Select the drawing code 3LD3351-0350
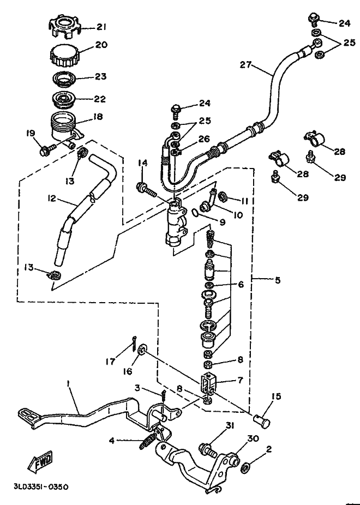pyautogui.click(x=41, y=486)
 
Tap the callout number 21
pyautogui.click(x=101, y=27)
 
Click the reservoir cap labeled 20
pyautogui.click(x=65, y=57)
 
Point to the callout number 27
pyautogui.click(x=245, y=65)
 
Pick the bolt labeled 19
pyautogui.click(x=46, y=150)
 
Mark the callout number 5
pyautogui.click(x=278, y=280)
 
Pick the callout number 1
pyautogui.click(x=68, y=383)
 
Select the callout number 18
pyautogui.click(x=98, y=116)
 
